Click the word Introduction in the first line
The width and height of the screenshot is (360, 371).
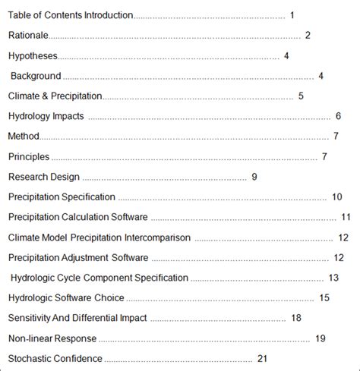pos(109,15)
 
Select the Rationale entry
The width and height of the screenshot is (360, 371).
pos(28,35)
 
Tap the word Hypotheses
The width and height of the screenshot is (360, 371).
pos(33,55)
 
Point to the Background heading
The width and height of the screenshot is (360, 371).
pos(36,76)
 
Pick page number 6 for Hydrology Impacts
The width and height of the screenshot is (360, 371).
pos(338,116)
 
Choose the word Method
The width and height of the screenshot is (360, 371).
pos(24,137)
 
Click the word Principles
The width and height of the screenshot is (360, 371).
pos(29,156)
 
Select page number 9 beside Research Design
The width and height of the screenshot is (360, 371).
pos(254,177)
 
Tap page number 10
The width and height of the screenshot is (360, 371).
pos(337,197)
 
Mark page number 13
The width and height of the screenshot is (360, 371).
pos(333,278)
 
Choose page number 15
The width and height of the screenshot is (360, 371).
pos(324,298)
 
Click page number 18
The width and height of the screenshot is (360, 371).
pos(296,318)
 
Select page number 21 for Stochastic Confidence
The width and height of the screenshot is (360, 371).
pos(264,358)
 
